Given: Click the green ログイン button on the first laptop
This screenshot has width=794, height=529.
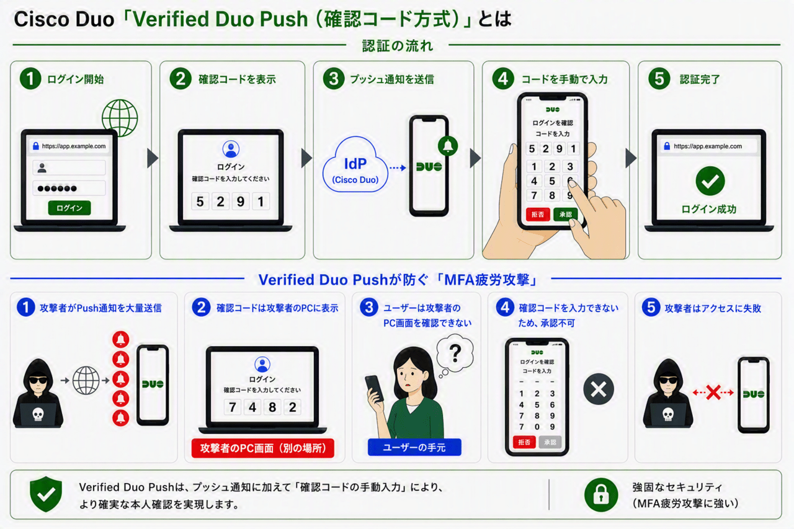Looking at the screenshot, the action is pos(69,208).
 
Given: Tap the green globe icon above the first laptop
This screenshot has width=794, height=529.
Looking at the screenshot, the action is pos(120,118).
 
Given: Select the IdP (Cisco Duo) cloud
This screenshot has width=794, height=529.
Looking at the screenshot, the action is pos(355,165).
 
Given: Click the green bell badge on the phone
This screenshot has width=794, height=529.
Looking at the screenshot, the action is pos(448,146).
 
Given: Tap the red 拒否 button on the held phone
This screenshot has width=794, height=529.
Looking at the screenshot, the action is pos(538,215).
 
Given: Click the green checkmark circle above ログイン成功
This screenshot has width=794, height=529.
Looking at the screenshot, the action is pos(710,180).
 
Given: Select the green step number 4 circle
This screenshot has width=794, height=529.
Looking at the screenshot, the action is pos(503,79).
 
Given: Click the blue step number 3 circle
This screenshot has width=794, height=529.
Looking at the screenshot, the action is pos(368,307).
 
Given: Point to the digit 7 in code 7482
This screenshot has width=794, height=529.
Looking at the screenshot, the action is pos(233,407).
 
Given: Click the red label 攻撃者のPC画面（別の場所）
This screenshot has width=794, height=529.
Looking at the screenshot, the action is pos(262,448).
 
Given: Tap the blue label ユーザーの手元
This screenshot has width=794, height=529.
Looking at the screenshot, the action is pos(414,448).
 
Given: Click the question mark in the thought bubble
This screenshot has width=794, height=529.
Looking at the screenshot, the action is pos(455,353).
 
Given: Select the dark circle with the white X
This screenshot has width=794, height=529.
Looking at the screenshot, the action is pos(599,389).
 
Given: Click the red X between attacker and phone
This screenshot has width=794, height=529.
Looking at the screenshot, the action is pos(713,392).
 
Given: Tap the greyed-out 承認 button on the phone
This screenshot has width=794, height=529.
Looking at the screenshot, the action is pos(550,442).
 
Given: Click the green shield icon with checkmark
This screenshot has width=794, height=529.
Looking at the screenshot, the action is pos(46,494).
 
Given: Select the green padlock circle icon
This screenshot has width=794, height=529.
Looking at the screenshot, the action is pos(601,495).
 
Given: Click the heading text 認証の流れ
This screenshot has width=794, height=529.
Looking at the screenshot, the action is pos(398,46).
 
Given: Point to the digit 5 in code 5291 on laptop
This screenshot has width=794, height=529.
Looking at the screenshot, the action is pos(200,202).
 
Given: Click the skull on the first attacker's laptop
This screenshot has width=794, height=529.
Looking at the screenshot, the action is pos(38,414).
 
